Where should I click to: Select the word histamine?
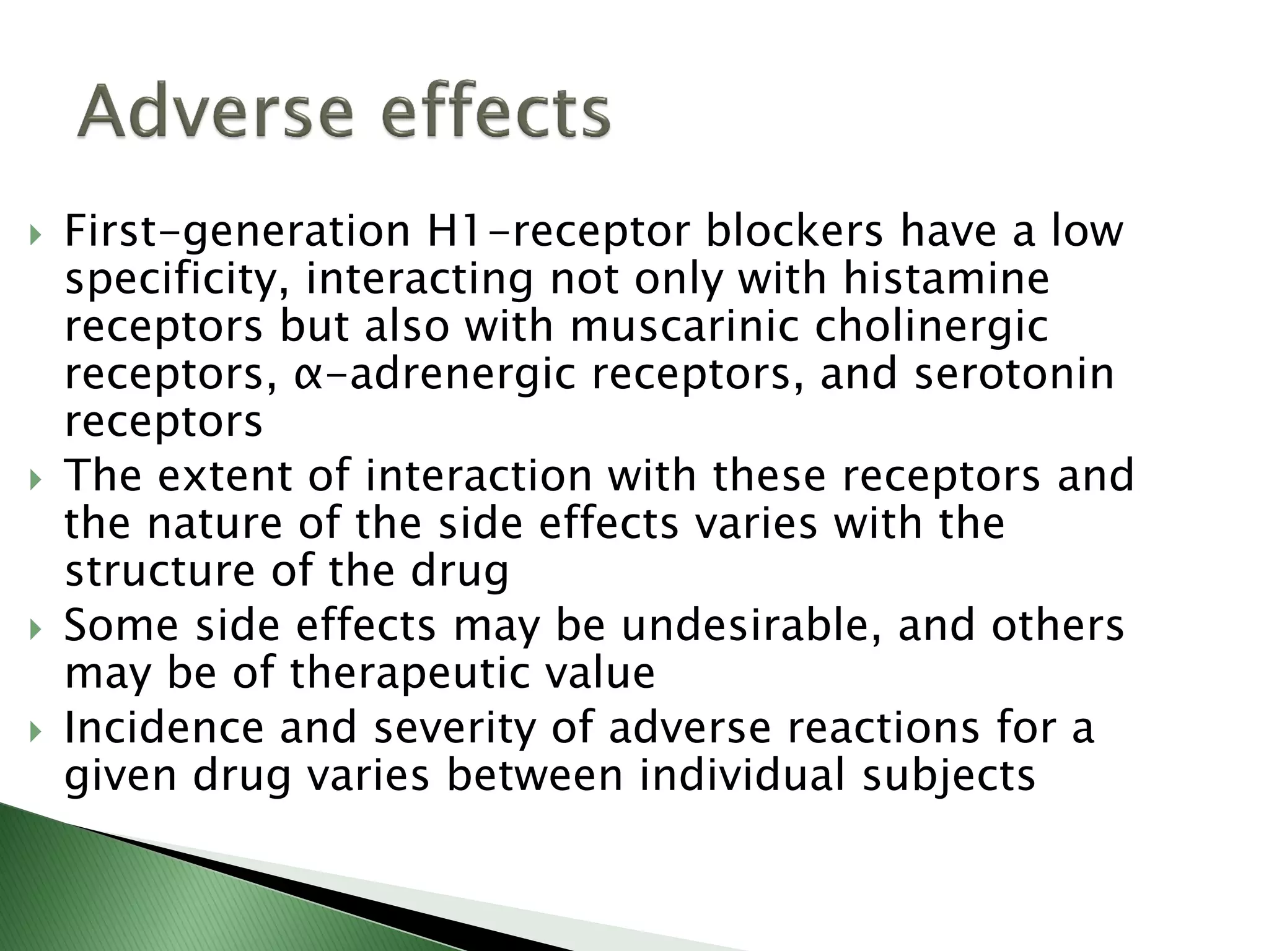tap(946, 279)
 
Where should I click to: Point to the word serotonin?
tap(1014, 374)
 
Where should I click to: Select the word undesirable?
tap(751, 626)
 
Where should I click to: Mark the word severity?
tap(455, 729)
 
